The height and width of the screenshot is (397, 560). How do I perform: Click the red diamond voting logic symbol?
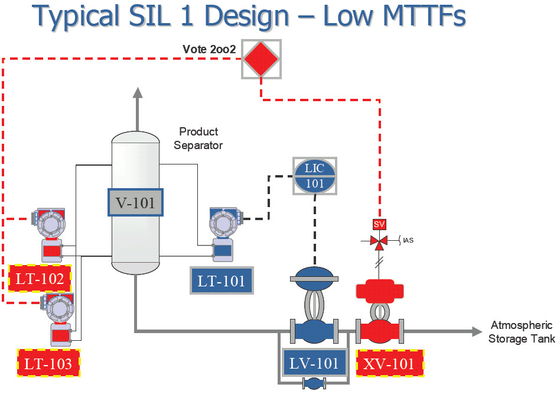[261, 59]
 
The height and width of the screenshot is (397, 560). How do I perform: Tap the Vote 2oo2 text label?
[209, 50]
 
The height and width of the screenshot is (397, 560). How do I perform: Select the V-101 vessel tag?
[135, 203]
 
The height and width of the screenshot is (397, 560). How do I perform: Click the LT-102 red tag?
[40, 279]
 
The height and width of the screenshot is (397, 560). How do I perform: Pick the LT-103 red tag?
[48, 363]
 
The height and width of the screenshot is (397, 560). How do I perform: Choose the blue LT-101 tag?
[222, 280]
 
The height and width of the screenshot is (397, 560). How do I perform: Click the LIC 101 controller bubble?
[314, 175]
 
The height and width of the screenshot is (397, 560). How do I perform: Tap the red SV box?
[379, 225]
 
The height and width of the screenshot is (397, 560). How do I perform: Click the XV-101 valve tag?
[390, 363]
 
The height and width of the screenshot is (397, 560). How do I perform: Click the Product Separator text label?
[198, 138]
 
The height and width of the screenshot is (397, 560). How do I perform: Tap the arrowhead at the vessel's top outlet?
[137, 92]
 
